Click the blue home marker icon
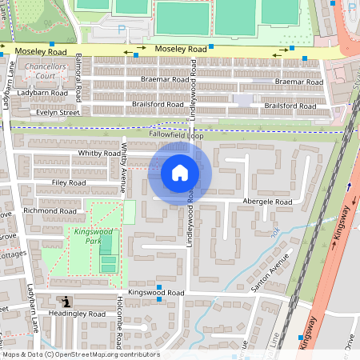[180, 172]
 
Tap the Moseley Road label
[181, 50]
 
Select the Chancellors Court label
[44, 71]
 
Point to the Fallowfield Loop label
[177, 136]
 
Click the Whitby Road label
[98, 153]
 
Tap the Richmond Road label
[49, 210]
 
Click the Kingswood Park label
[86, 235]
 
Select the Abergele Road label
[267, 202]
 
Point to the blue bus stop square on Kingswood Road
[159, 287]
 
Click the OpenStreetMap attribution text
[80, 354]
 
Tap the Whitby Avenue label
[124, 169]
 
